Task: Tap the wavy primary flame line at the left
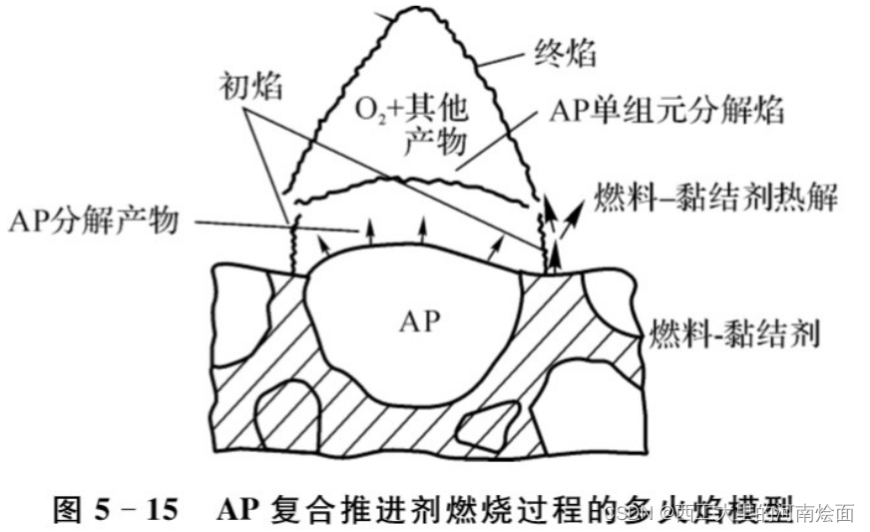click(293, 245)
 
